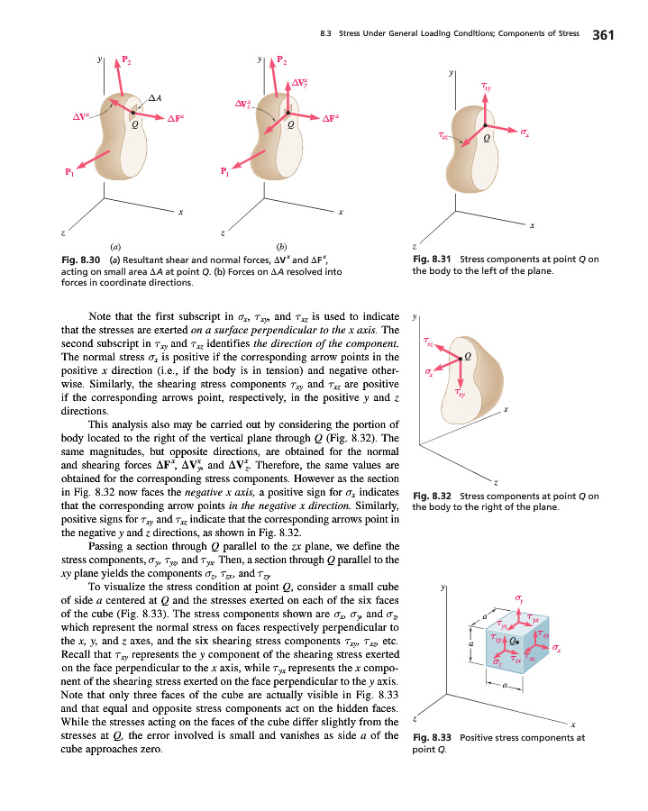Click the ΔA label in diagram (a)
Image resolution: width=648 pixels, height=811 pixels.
coord(155,96)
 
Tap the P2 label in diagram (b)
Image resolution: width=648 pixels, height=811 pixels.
coord(283,62)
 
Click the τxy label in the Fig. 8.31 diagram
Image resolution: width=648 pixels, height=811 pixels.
coord(487,87)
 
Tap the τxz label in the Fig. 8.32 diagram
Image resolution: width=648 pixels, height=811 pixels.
coord(429,342)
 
